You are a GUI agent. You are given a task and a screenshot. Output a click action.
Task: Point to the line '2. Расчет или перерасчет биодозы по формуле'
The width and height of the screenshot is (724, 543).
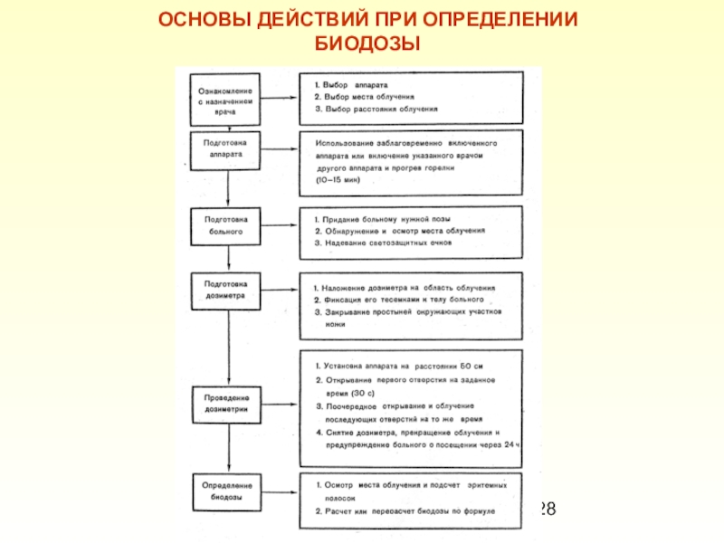tap(405, 512)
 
